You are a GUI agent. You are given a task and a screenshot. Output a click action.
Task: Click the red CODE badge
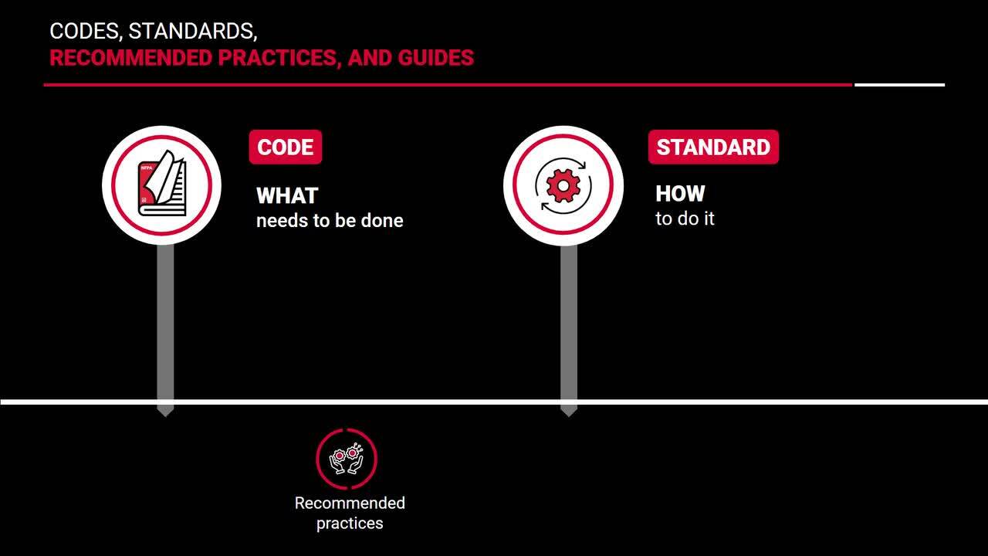[x=286, y=147]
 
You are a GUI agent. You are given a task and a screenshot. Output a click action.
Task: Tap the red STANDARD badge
[x=713, y=147]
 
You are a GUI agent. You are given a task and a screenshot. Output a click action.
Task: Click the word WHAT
[x=287, y=196]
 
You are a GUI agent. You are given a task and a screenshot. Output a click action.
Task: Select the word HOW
[x=680, y=194]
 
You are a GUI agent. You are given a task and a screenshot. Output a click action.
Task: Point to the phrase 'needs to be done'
[x=330, y=221]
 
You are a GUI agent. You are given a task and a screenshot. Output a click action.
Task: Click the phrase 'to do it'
[x=685, y=219]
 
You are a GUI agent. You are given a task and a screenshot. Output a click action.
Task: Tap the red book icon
[x=162, y=184]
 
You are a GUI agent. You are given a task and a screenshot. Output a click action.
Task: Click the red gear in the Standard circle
[x=563, y=186]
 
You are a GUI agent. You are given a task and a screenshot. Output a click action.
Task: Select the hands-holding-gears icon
[x=347, y=459]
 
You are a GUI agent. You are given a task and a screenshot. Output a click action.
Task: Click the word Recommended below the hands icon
[x=350, y=503]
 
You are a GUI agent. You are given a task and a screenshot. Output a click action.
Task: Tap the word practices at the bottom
[x=350, y=524]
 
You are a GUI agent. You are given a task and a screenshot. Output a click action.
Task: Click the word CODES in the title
[x=85, y=32]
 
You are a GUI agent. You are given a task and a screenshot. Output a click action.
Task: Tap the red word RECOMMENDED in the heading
[x=130, y=58]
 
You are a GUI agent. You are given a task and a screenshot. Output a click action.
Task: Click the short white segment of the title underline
[x=899, y=85]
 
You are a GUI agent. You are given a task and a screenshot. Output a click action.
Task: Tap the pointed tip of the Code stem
[x=165, y=416]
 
